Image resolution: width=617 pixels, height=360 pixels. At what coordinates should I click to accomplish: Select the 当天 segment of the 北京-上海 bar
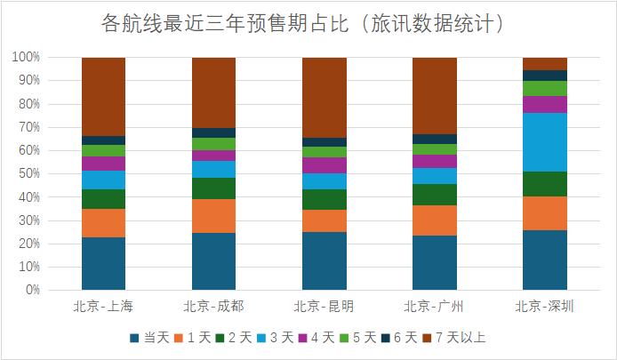coord(103,263)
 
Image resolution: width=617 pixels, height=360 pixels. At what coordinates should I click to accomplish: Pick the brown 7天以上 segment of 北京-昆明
coord(325,98)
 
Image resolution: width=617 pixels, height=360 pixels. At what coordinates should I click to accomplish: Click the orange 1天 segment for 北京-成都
coord(214,216)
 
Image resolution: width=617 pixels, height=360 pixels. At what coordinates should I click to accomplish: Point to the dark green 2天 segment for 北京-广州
coord(435,195)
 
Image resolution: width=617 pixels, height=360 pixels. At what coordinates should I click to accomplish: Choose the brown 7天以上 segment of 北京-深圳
coord(545,64)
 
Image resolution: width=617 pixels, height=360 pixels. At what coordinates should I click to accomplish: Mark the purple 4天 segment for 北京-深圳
coord(545,105)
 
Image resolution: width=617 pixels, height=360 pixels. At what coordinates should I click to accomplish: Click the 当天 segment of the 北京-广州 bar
coord(435,262)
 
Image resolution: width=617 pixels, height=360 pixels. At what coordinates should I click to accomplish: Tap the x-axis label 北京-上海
coord(103,307)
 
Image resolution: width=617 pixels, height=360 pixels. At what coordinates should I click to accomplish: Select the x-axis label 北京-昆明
coord(325,307)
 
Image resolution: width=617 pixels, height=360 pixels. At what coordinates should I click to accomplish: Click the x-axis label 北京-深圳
coord(545,307)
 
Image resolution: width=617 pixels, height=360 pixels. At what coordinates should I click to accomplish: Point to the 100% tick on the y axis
coord(27,57)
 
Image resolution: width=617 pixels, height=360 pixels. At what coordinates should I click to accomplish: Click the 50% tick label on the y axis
coord(29,173)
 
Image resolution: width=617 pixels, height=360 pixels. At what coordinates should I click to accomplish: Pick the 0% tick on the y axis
coord(32,290)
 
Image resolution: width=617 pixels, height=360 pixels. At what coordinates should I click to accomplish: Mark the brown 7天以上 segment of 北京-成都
coord(214,92)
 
